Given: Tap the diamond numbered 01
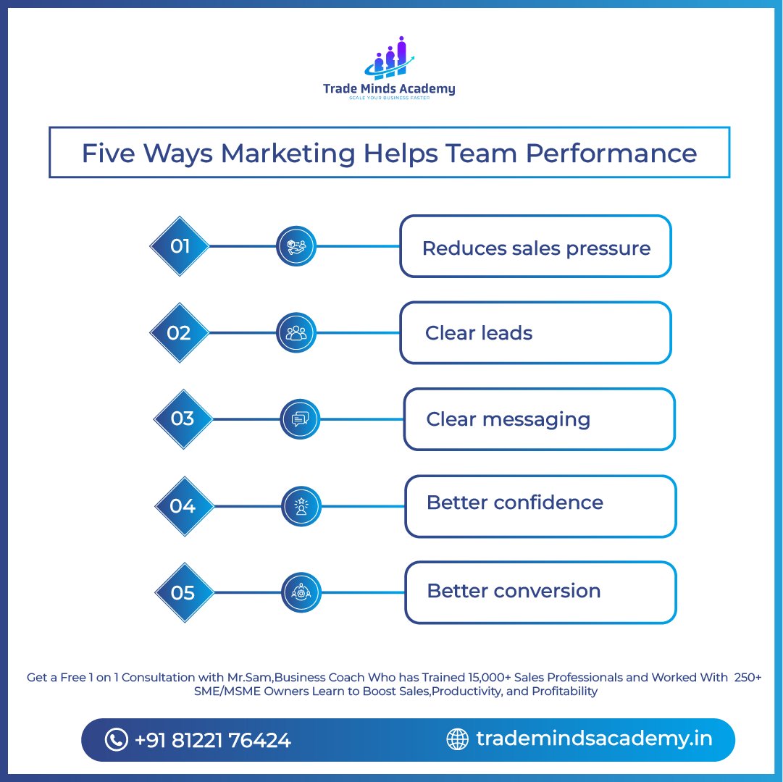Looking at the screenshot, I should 180,246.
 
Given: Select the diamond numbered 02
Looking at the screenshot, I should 179,333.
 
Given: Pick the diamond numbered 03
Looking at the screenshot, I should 183,419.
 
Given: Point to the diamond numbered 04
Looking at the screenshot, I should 183,505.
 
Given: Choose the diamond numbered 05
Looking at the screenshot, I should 184,593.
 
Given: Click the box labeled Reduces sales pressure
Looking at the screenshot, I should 535,247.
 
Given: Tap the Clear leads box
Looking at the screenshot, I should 535,333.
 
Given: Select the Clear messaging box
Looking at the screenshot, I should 539,419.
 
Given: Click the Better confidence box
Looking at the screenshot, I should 540,505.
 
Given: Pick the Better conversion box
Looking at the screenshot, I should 540,592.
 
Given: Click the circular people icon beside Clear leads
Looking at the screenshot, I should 296,333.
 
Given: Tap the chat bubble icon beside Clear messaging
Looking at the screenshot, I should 300,419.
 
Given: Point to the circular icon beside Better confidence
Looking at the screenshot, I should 301,505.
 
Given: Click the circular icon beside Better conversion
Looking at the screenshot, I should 301,592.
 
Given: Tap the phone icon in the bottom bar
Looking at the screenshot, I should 116,739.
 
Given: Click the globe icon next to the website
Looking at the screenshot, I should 457,739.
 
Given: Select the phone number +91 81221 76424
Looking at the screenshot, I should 212,740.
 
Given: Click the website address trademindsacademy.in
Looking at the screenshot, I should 594,739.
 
